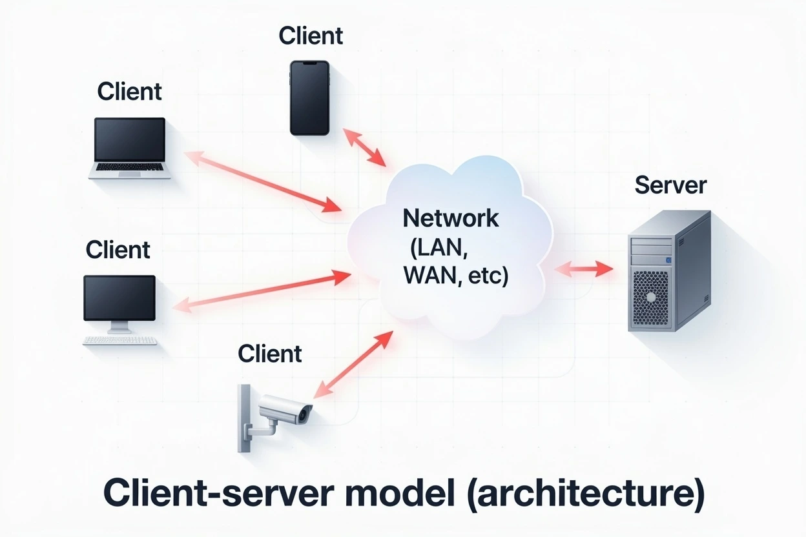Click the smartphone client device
coord(309,97)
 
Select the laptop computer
coord(131,147)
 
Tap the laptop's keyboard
coord(130,168)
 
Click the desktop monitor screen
coord(119,297)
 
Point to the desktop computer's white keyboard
coord(120,340)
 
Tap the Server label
coord(670,185)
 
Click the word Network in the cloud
coord(450,218)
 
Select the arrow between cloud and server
coord(583,268)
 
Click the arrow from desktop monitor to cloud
coord(262,291)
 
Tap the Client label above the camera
coord(269,353)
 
